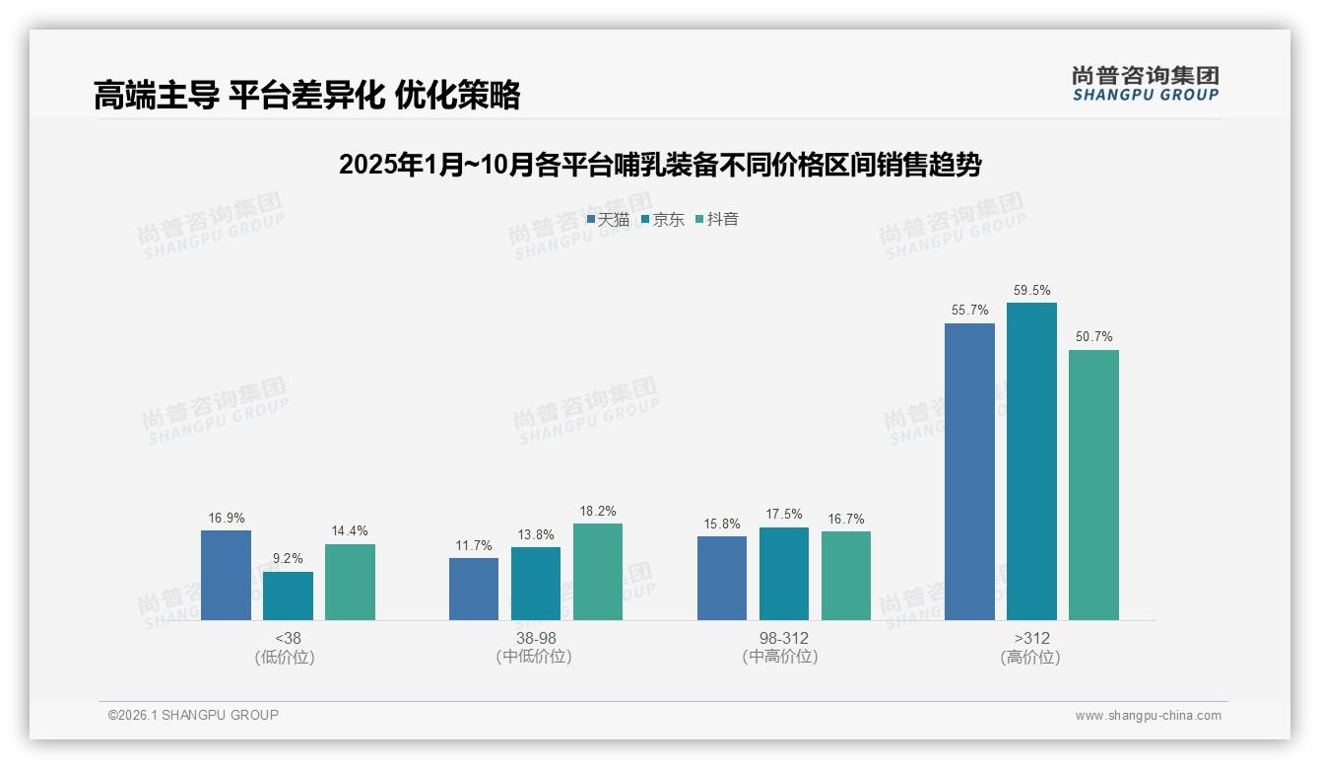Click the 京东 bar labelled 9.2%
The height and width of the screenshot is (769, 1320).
[288, 595]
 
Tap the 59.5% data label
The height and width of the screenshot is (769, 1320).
[1031, 291]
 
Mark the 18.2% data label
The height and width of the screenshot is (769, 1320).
[598, 512]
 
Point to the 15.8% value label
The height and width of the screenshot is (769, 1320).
[722, 524]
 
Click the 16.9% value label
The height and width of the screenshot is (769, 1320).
[226, 519]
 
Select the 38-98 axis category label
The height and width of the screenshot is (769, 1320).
[536, 638]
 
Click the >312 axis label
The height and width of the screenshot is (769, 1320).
[1031, 638]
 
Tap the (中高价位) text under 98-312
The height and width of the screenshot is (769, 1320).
[783, 657]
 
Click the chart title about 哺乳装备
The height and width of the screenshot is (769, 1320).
[659, 165]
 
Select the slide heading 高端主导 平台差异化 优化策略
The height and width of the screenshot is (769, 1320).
[306, 95]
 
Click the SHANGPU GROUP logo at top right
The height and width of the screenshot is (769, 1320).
[1145, 84]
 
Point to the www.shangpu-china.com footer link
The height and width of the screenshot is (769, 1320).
[1148, 716]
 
